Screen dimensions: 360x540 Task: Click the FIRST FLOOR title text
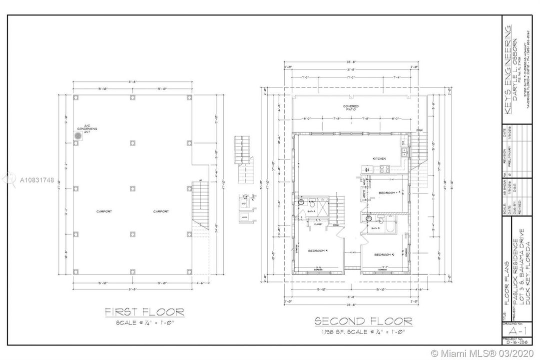click(144, 312)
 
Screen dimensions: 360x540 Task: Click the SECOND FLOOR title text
click(363, 320)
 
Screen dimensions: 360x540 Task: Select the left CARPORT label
click(104, 211)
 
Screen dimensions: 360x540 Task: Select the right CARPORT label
click(160, 211)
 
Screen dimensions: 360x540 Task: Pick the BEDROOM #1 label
click(317, 250)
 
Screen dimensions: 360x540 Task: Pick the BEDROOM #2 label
click(385, 255)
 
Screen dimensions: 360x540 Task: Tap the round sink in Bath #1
click(301, 202)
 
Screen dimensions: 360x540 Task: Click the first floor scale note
click(144, 323)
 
